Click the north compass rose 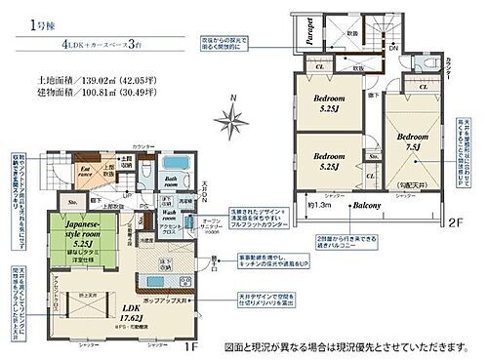(231, 121)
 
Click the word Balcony (367, 207)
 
